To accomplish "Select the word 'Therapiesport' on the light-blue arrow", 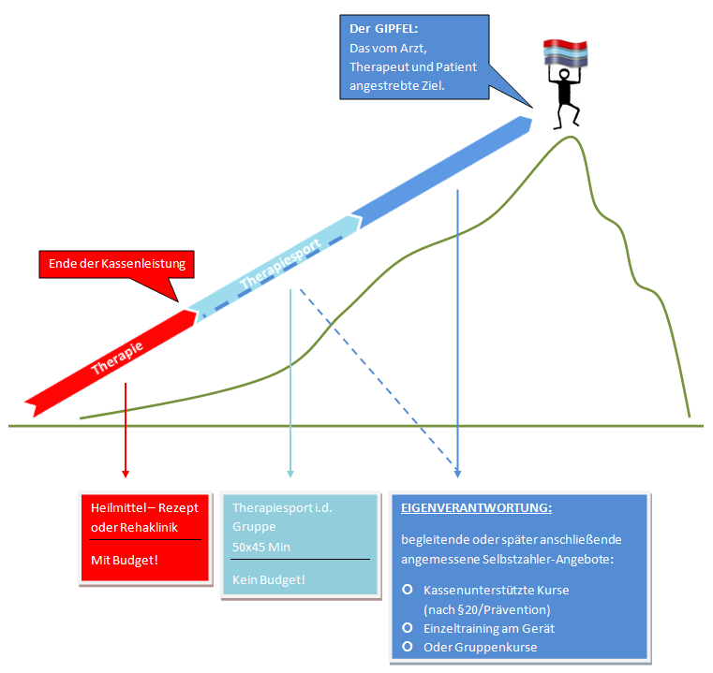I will tap(280, 264).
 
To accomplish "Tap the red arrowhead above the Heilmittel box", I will tap(125, 472).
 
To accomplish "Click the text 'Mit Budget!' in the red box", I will tap(123, 559).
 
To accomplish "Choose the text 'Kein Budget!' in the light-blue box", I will tap(269, 580).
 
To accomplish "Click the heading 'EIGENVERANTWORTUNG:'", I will tap(476, 507).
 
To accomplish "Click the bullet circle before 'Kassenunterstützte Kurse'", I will tap(407, 590).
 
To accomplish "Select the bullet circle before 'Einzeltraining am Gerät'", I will tap(407, 627).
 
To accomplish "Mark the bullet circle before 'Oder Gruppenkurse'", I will tap(407, 646).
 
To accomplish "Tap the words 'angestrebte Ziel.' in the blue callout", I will tap(396, 84).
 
